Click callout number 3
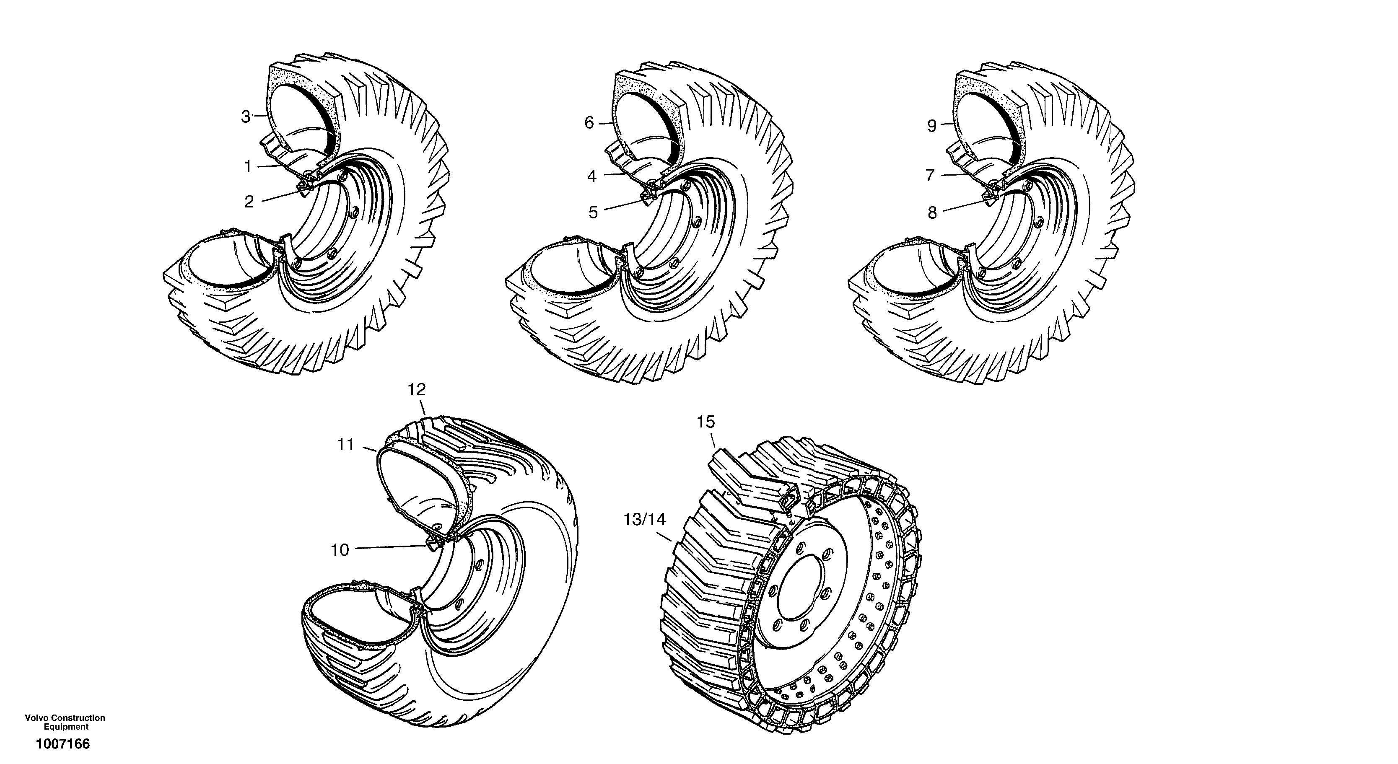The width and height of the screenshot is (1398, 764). pyautogui.click(x=246, y=117)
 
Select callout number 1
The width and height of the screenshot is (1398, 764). pyautogui.click(x=248, y=167)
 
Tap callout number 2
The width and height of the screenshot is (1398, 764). pyautogui.click(x=249, y=202)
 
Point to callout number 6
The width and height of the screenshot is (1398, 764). pyautogui.click(x=589, y=123)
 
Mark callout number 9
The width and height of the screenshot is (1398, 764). pyautogui.click(x=932, y=127)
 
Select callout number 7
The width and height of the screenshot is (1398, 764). pyautogui.click(x=930, y=176)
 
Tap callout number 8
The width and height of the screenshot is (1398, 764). pyautogui.click(x=932, y=213)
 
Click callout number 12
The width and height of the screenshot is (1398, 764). pyautogui.click(x=417, y=390)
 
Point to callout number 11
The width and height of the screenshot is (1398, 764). pyautogui.click(x=346, y=445)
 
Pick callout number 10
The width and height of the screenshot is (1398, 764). pyautogui.click(x=340, y=550)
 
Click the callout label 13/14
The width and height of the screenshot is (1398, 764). pyautogui.click(x=644, y=520)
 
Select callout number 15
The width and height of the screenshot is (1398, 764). pyautogui.click(x=706, y=422)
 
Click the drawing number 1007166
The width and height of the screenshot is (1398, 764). pyautogui.click(x=63, y=744)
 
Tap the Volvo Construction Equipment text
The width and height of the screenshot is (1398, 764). pyautogui.click(x=65, y=722)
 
